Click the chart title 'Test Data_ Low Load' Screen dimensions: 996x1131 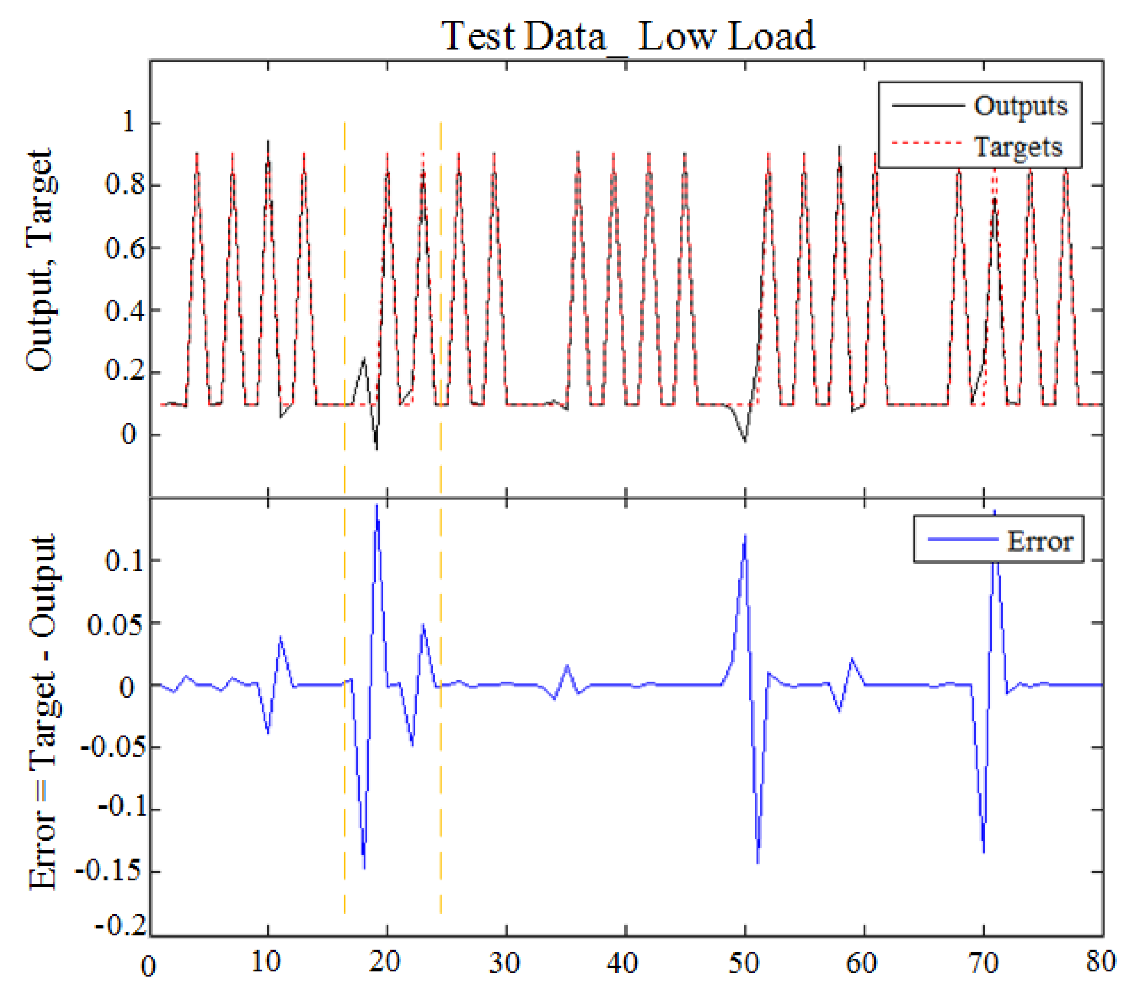coord(627,36)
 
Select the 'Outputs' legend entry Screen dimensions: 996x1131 coord(1020,105)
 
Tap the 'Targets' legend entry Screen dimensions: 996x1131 coord(1018,147)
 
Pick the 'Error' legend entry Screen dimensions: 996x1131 coord(1039,540)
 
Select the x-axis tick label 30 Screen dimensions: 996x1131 coord(505,964)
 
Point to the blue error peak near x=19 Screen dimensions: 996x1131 coord(376,507)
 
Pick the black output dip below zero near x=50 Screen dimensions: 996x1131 coord(745,441)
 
